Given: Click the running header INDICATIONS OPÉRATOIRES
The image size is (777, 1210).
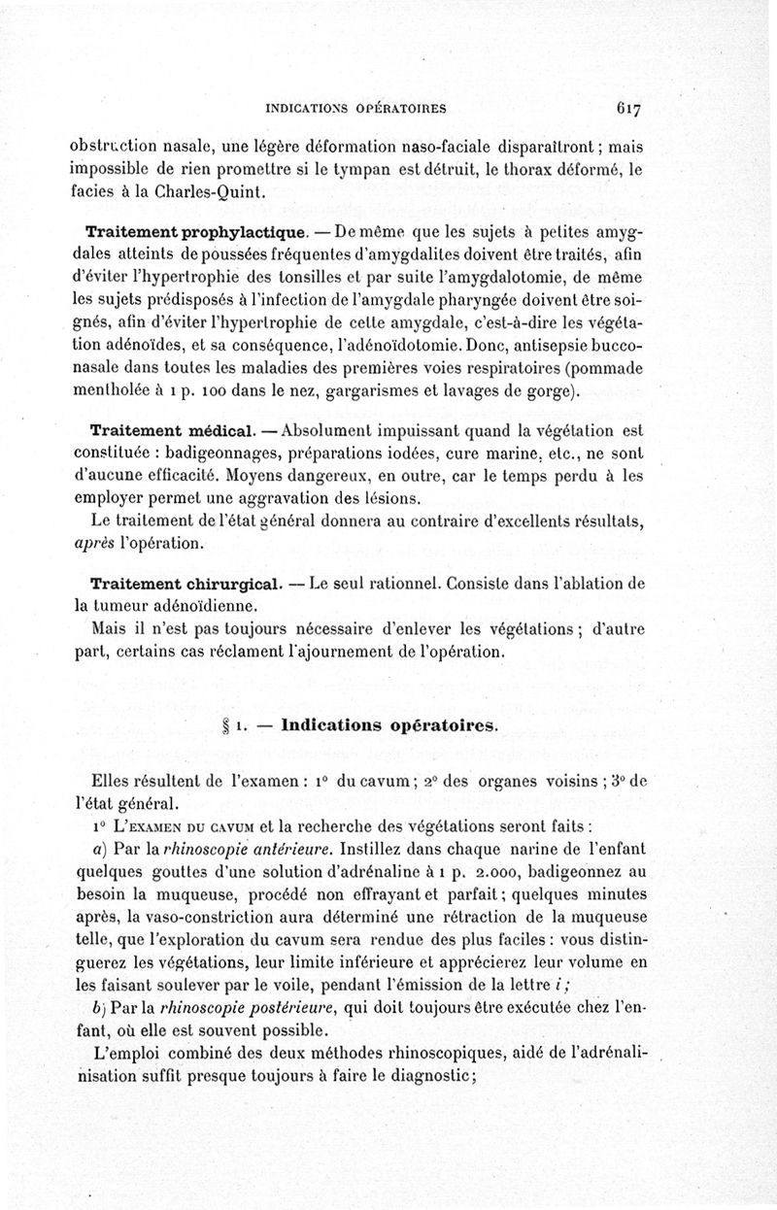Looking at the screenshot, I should point(355,108).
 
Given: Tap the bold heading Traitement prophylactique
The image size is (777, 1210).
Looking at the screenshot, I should point(197,233).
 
